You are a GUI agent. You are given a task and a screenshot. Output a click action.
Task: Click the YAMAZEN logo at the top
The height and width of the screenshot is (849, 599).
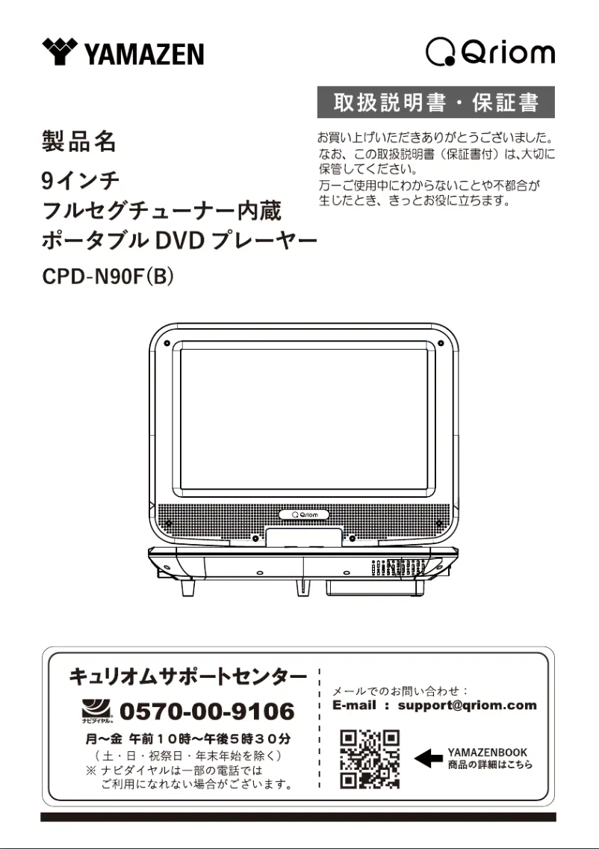coord(124,52)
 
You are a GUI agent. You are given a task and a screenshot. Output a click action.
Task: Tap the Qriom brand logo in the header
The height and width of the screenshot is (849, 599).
coord(490,52)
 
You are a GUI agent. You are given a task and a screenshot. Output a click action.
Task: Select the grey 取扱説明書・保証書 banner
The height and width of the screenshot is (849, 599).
coord(435,102)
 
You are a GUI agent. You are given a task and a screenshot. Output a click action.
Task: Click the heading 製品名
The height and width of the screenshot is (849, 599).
coord(78,141)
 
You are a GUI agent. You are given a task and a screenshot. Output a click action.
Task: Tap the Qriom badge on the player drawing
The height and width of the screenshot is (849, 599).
coord(304,515)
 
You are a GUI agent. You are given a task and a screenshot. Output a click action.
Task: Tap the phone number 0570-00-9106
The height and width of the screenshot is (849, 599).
coord(207,711)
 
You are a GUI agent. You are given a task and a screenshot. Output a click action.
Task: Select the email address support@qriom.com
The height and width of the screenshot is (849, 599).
coord(467,705)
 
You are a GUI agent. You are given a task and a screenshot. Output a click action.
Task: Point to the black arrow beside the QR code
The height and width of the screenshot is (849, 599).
coord(428,759)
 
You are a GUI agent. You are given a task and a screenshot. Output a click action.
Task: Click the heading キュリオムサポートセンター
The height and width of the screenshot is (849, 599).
coord(187,677)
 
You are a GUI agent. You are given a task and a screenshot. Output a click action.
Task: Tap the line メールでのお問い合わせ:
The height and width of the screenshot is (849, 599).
coord(400,691)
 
